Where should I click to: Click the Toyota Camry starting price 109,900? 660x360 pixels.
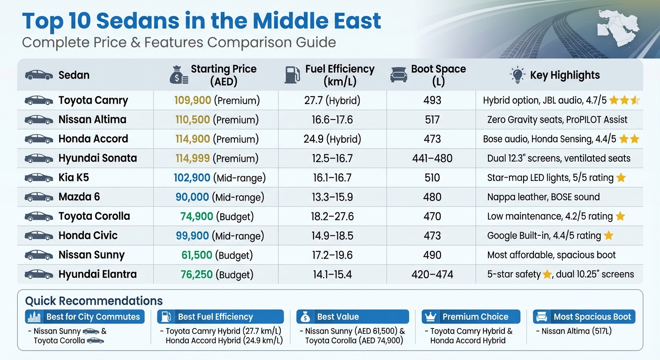(192, 100)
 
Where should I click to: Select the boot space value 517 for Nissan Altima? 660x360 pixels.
(432, 120)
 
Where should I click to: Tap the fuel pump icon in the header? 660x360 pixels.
(292, 75)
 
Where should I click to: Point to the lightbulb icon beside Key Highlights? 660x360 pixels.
(517, 75)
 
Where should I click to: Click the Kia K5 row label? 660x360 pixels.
(74, 178)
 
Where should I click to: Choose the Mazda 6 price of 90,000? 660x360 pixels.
(192, 197)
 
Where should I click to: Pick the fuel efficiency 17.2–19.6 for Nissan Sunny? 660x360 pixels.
(332, 255)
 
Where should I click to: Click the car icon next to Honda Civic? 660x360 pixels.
(38, 235)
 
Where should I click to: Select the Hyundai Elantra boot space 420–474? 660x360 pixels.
(432, 274)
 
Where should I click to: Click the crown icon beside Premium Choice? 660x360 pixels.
(430, 317)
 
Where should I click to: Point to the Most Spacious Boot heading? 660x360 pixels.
(592, 317)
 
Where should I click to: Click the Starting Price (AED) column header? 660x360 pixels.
(223, 75)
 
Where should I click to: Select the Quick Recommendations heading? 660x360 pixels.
(94, 301)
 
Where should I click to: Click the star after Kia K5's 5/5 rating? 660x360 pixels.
(621, 178)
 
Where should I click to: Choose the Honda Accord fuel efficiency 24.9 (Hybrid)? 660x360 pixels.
(332, 139)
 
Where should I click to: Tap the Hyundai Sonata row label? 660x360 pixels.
(97, 158)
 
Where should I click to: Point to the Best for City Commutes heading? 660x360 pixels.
(93, 317)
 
